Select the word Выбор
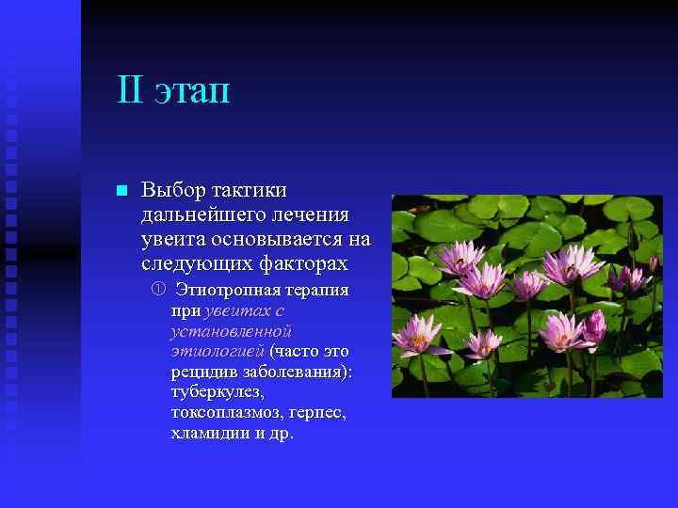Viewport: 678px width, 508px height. (x=172, y=190)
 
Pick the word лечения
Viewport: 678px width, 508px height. (x=312, y=215)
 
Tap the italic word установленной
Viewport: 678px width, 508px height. (x=231, y=331)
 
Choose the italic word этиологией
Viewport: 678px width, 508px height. (x=218, y=352)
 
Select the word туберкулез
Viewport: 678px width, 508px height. (x=218, y=392)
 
